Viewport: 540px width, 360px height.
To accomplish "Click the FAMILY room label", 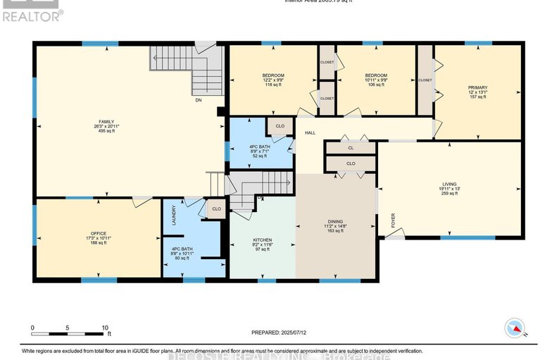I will coord(106,121).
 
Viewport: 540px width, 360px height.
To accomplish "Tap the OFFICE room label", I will coord(98,233).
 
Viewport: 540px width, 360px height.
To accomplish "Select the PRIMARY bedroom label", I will coord(477,88).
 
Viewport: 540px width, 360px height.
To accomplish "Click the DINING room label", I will coord(335,221).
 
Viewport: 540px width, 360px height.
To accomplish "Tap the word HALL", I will coord(309,132).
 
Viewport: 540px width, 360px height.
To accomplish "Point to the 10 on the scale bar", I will coord(105,328).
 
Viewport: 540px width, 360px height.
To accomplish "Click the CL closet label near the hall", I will coord(351,148).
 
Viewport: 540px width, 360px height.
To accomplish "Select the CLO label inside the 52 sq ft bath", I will coord(280,126).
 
